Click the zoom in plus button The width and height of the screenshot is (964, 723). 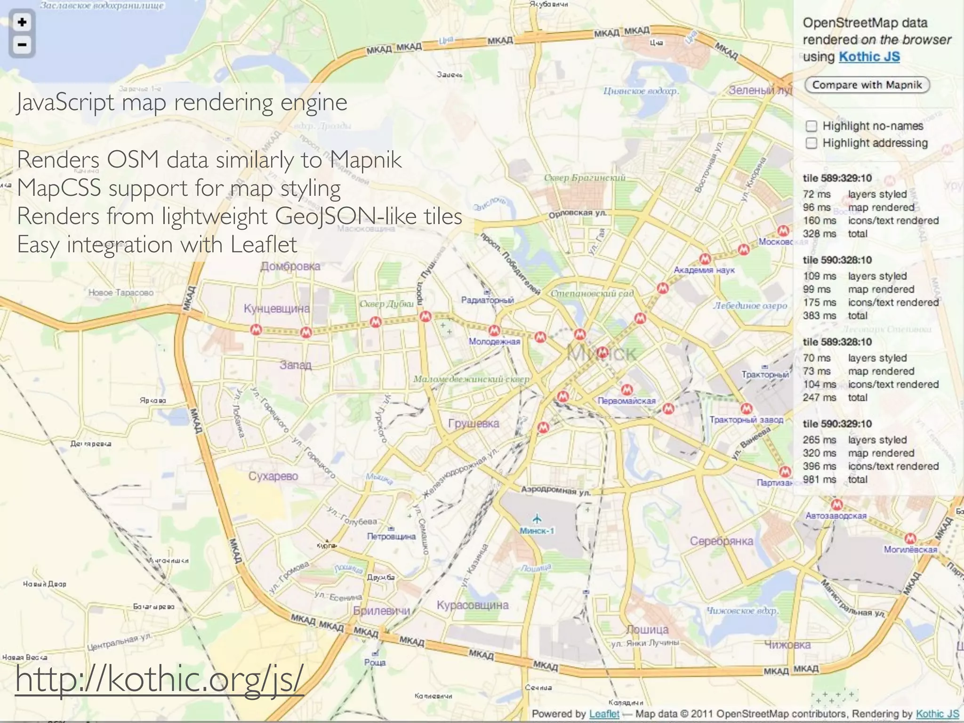(22, 22)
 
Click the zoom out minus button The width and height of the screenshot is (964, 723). (22, 45)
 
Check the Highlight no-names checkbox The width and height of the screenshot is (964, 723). (811, 126)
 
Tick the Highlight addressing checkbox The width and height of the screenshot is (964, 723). (811, 143)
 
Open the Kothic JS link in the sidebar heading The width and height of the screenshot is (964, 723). (869, 56)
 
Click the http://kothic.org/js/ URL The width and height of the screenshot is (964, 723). (160, 679)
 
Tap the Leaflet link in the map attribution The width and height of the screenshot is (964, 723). (604, 714)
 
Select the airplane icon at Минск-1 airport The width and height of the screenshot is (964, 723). (537, 519)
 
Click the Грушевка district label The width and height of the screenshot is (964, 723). (474, 423)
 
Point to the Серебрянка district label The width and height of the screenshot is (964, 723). (721, 541)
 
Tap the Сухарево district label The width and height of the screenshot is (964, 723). (273, 476)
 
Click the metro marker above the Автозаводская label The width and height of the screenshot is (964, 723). (836, 505)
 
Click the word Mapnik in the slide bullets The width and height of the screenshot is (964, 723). (365, 160)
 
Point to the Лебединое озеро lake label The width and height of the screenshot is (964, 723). (750, 305)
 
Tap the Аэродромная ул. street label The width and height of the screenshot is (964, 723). (555, 491)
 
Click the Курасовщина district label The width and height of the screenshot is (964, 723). (473, 605)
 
